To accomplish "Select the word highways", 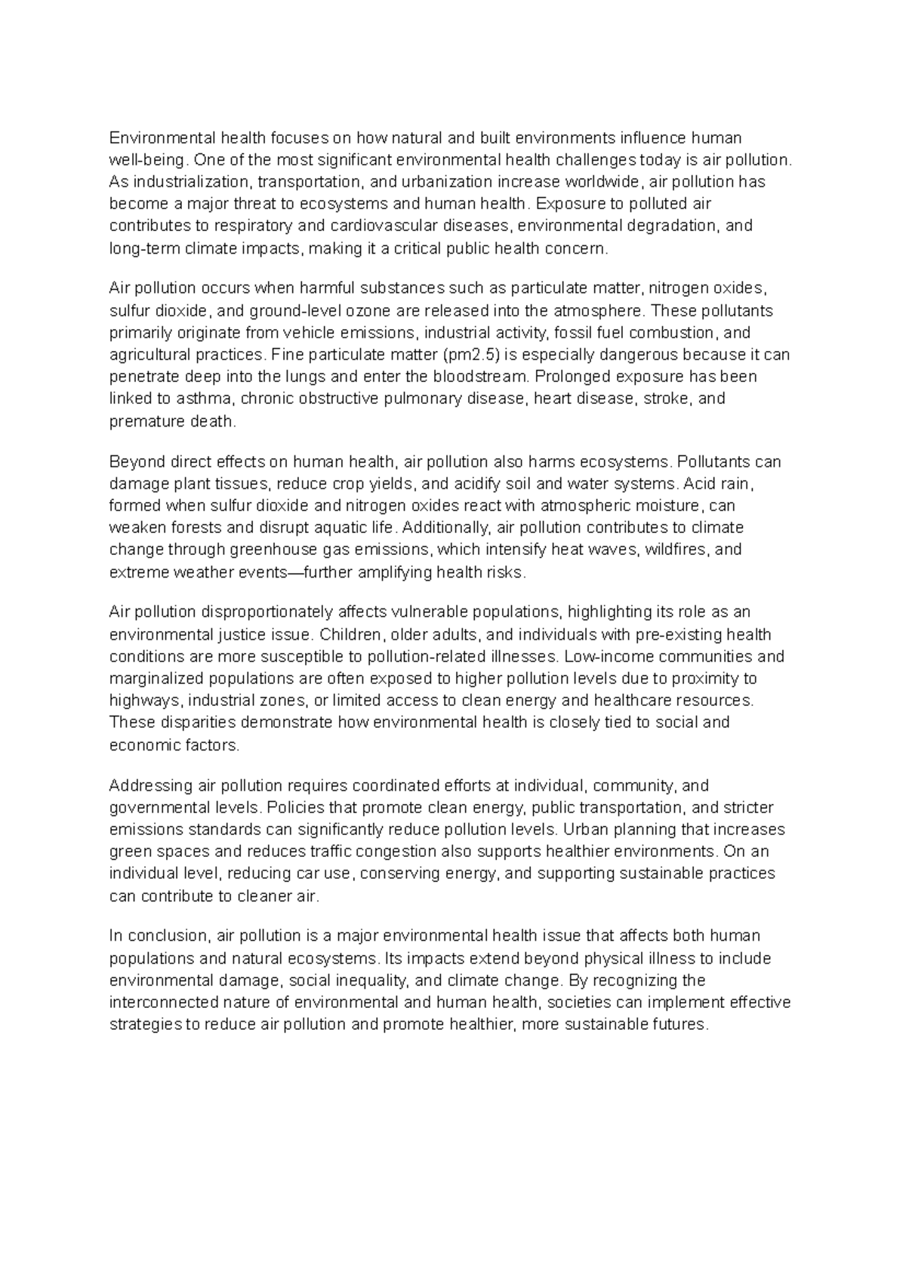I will pos(140,700).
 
